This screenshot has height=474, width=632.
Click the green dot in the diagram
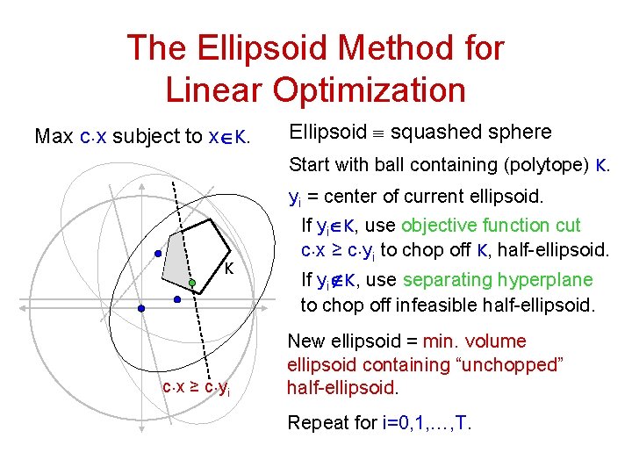[192, 284]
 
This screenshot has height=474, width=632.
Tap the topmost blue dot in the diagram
[158, 254]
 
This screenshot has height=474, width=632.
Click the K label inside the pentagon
[228, 268]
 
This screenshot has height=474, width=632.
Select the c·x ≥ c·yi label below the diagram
[197, 388]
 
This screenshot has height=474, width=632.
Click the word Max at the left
[53, 136]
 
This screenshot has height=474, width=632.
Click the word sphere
[522, 133]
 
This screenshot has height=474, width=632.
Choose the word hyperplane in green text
[545, 280]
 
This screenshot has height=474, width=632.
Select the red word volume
[496, 341]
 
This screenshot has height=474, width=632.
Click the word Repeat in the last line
[318, 424]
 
